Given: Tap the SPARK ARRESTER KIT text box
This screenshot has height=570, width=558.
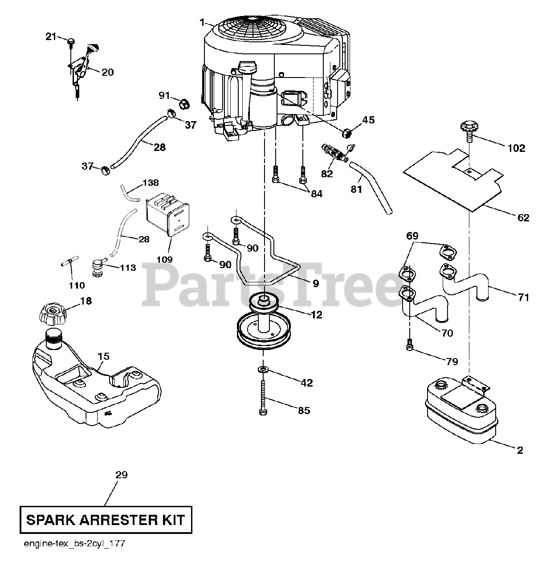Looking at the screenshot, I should tap(106, 520).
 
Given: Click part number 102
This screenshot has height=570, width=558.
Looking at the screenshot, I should tap(516, 148).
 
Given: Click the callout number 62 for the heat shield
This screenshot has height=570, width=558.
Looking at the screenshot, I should tap(523, 217).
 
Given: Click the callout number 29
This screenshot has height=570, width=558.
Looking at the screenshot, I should tap(121, 475).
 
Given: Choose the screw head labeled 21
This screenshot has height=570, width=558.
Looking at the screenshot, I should tap(71, 41).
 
